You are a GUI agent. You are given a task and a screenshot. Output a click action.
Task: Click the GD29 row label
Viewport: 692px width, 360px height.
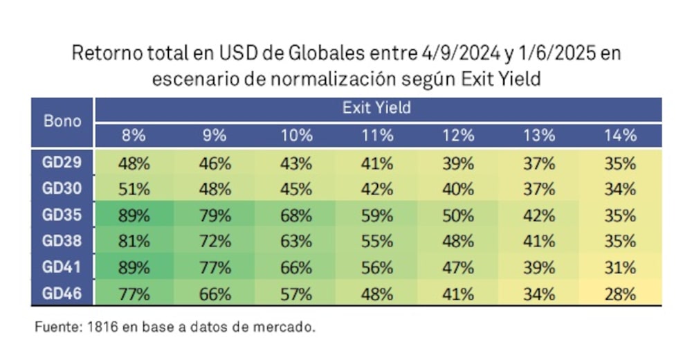tap(63, 163)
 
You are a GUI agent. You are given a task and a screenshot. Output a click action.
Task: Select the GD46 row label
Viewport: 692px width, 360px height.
tap(63, 294)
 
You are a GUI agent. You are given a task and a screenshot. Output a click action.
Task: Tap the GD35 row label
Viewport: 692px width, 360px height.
tap(63, 215)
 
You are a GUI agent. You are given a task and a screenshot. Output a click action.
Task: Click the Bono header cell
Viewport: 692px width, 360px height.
tap(63, 121)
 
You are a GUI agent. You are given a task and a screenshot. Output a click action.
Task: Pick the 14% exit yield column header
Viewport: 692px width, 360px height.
tap(620, 135)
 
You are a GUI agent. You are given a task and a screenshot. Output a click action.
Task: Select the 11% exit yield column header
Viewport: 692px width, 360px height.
tap(376, 135)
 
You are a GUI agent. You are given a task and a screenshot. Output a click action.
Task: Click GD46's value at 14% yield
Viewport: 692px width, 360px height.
tap(620, 294)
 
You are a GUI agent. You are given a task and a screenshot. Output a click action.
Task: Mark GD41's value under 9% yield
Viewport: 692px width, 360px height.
tap(215, 268)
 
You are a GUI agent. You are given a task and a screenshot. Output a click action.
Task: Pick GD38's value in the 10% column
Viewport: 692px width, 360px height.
tap(295, 242)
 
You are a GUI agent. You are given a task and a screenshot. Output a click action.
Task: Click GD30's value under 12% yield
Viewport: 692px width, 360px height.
tap(457, 189)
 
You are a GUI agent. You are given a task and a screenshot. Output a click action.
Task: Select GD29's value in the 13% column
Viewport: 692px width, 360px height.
tap(539, 163)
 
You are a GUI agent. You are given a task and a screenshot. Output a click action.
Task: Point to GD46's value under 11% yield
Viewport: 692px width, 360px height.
tap(376, 294)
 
